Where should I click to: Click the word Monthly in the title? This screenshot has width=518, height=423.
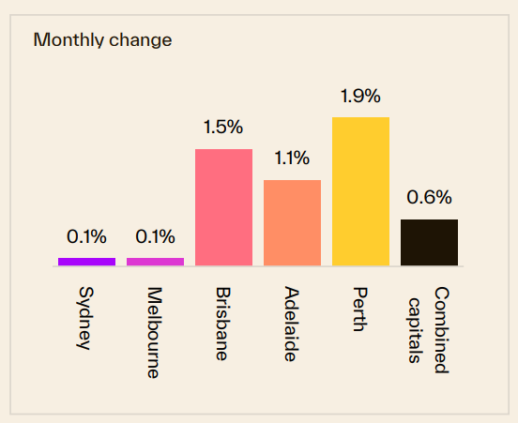pyautogui.click(x=65, y=40)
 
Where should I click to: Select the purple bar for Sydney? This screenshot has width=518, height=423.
pyautogui.click(x=86, y=261)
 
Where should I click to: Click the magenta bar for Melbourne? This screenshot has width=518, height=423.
pyautogui.click(x=155, y=261)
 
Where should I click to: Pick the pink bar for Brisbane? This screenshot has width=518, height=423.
pyautogui.click(x=223, y=206)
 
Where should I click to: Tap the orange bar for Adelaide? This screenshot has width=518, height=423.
pyautogui.click(x=292, y=222)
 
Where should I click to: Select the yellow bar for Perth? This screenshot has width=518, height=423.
pyautogui.click(x=360, y=190)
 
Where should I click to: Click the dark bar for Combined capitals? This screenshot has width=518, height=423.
pyautogui.click(x=429, y=242)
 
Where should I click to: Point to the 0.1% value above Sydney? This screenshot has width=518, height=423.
pyautogui.click(x=86, y=236)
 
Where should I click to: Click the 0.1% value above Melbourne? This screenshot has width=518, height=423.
pyautogui.click(x=155, y=236)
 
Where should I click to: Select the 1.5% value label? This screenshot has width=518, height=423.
pyautogui.click(x=223, y=128)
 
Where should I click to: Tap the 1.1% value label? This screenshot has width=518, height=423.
pyautogui.click(x=292, y=158)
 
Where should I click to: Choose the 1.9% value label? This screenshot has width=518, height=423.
pyautogui.click(x=360, y=96)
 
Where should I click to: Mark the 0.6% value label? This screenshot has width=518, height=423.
pyautogui.click(x=429, y=198)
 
